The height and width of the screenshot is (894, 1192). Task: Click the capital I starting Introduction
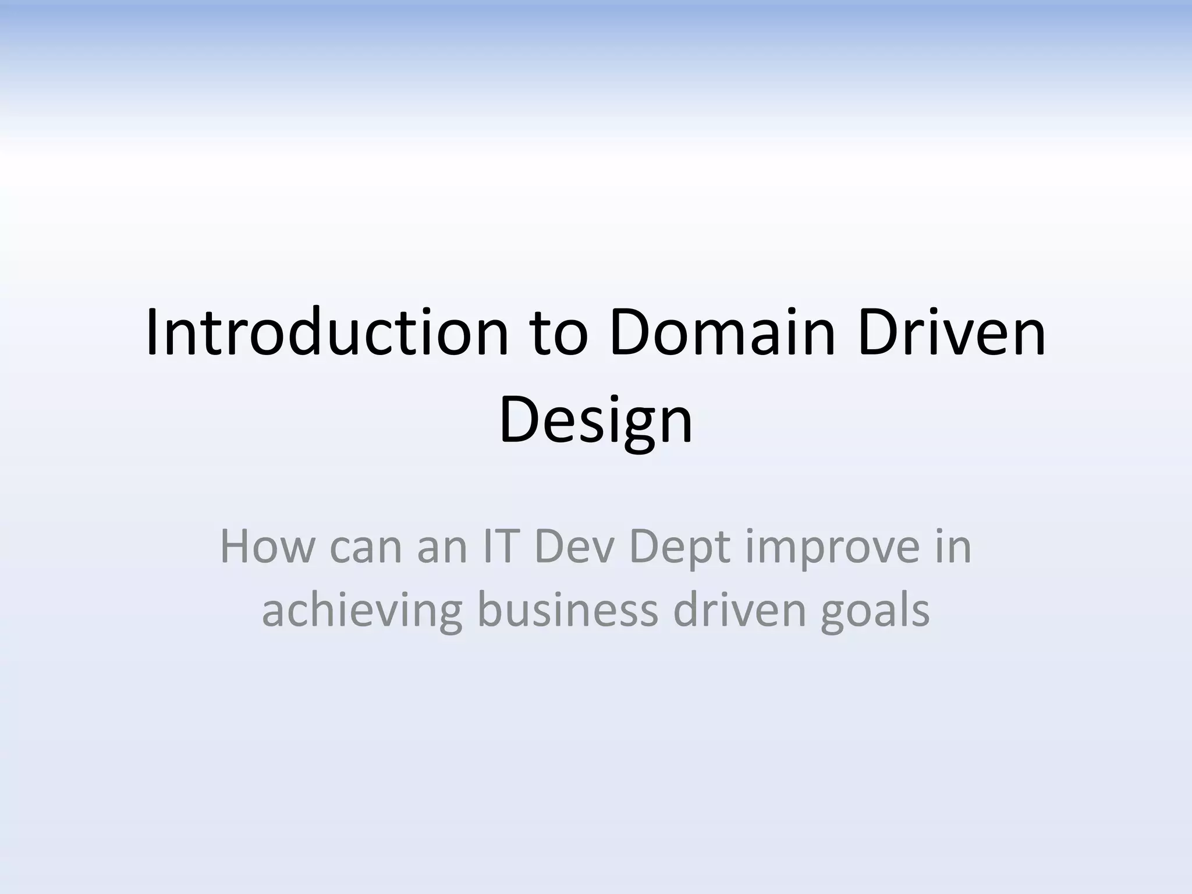point(153,333)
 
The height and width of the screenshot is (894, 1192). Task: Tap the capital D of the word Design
point(519,418)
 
